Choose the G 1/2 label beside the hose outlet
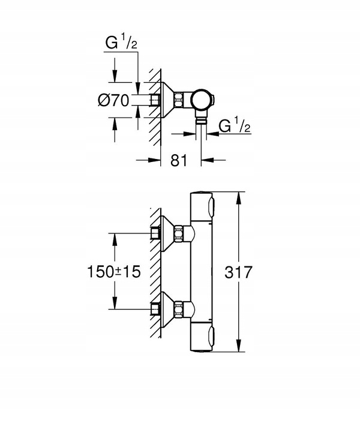tap(234, 127)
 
